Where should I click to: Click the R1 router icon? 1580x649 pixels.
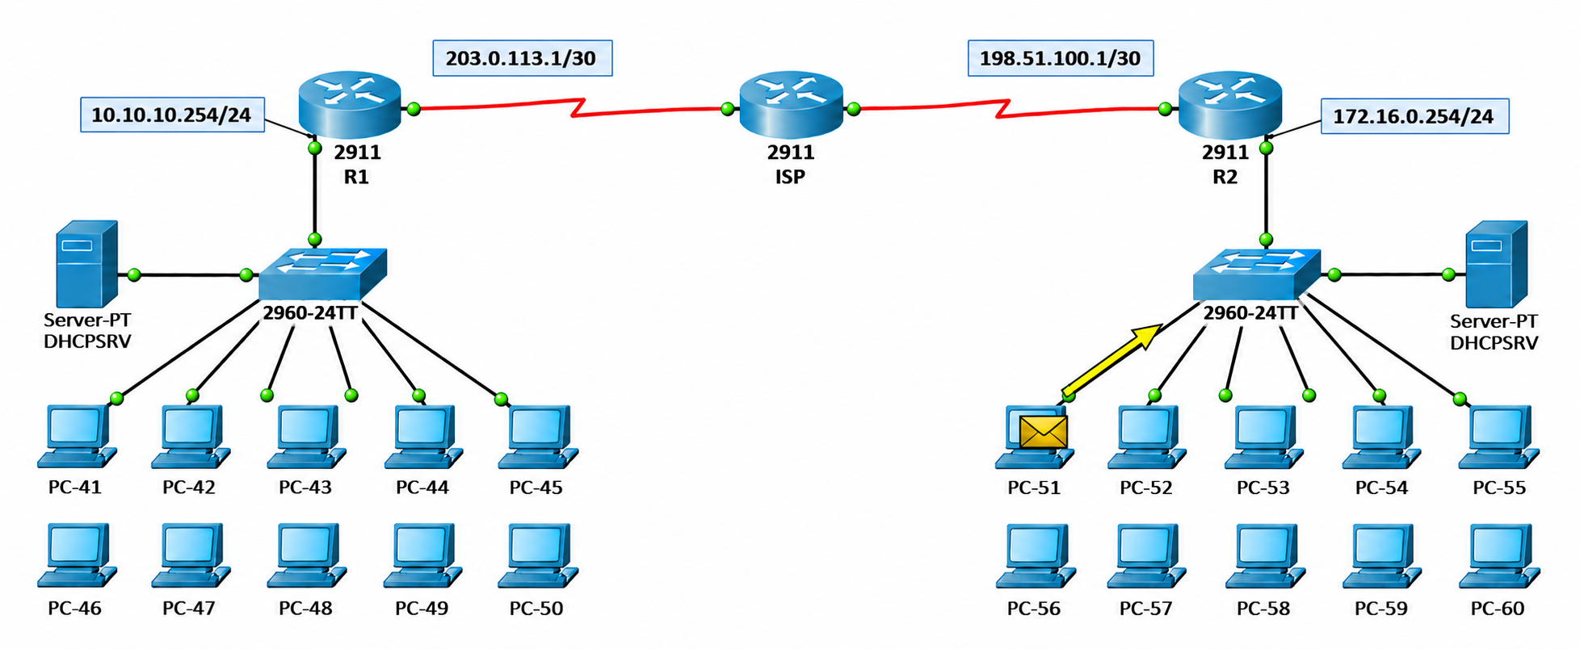(x=349, y=105)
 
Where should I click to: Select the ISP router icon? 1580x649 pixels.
(x=791, y=105)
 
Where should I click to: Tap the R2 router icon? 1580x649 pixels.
(x=1229, y=105)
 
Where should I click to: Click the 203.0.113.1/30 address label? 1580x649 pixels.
(x=522, y=58)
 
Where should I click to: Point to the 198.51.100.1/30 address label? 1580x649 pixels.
(x=1060, y=58)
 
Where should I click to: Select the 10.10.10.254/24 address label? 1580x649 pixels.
(x=172, y=115)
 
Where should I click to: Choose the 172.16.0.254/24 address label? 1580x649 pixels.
(x=1414, y=116)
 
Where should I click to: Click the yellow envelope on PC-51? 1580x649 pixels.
(x=1043, y=432)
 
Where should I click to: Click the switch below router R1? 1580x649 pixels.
(x=322, y=274)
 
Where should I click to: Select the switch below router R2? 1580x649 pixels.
(x=1257, y=274)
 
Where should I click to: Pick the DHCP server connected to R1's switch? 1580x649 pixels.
(x=86, y=264)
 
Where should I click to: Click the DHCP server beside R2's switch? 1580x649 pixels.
(x=1496, y=264)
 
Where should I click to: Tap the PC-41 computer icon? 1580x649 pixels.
(x=77, y=437)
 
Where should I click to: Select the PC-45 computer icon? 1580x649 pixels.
(x=538, y=437)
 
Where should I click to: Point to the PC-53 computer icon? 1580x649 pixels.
(x=1264, y=437)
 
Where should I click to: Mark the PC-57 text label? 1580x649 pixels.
(x=1145, y=609)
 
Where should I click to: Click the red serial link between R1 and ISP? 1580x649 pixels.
(x=572, y=108)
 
